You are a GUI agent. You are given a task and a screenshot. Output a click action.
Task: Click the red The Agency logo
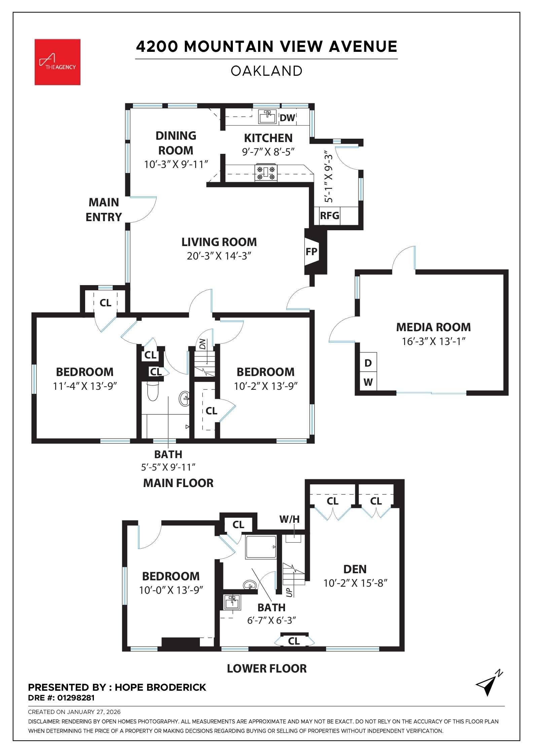pos(58,62)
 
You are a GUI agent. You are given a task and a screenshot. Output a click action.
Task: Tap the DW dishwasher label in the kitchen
pos(287,118)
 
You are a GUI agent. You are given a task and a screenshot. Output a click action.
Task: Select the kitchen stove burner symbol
pos(266,172)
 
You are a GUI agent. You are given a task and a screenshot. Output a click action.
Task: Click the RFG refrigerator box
pos(329,215)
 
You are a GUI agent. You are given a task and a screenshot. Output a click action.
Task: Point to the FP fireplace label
pos(311,251)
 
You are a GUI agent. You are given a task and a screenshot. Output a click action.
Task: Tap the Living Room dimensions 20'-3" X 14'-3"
pos(219,256)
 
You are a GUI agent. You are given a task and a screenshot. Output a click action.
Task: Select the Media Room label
pos(433,327)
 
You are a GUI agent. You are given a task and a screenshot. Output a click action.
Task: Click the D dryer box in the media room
pos(368,363)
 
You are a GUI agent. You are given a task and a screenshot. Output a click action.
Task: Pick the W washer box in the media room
pos(368,382)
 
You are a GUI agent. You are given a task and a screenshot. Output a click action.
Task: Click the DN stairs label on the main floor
pos(202,344)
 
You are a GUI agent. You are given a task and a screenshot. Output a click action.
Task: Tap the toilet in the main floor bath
pos(153,392)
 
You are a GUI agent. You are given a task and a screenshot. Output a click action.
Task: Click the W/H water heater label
pos(289,519)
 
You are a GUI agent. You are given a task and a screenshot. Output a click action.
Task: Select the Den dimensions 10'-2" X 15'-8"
pos(355,583)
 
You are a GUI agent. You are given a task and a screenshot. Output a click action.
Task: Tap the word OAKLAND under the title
pos(266,71)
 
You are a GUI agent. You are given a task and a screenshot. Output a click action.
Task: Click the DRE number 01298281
pos(76,698)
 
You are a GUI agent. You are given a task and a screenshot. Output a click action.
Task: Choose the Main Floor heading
pos(178,483)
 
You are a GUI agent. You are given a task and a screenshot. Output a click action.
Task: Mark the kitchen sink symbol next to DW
pos(268,117)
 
